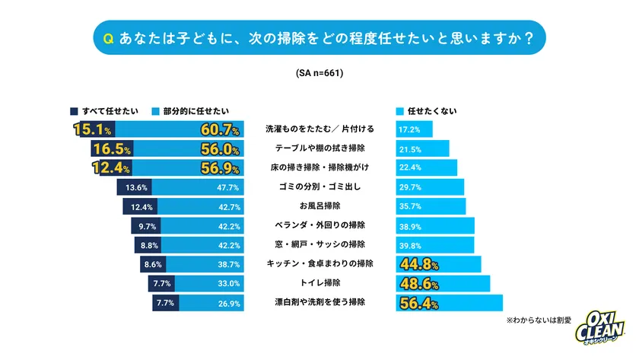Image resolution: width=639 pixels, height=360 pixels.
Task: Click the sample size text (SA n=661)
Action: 319,74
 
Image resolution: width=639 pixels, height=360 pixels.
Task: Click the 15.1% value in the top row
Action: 94,129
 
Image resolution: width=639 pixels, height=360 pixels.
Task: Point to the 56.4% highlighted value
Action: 419,303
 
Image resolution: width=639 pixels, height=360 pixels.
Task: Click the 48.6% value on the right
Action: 419,283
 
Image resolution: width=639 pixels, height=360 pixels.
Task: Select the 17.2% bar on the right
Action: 414,130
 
